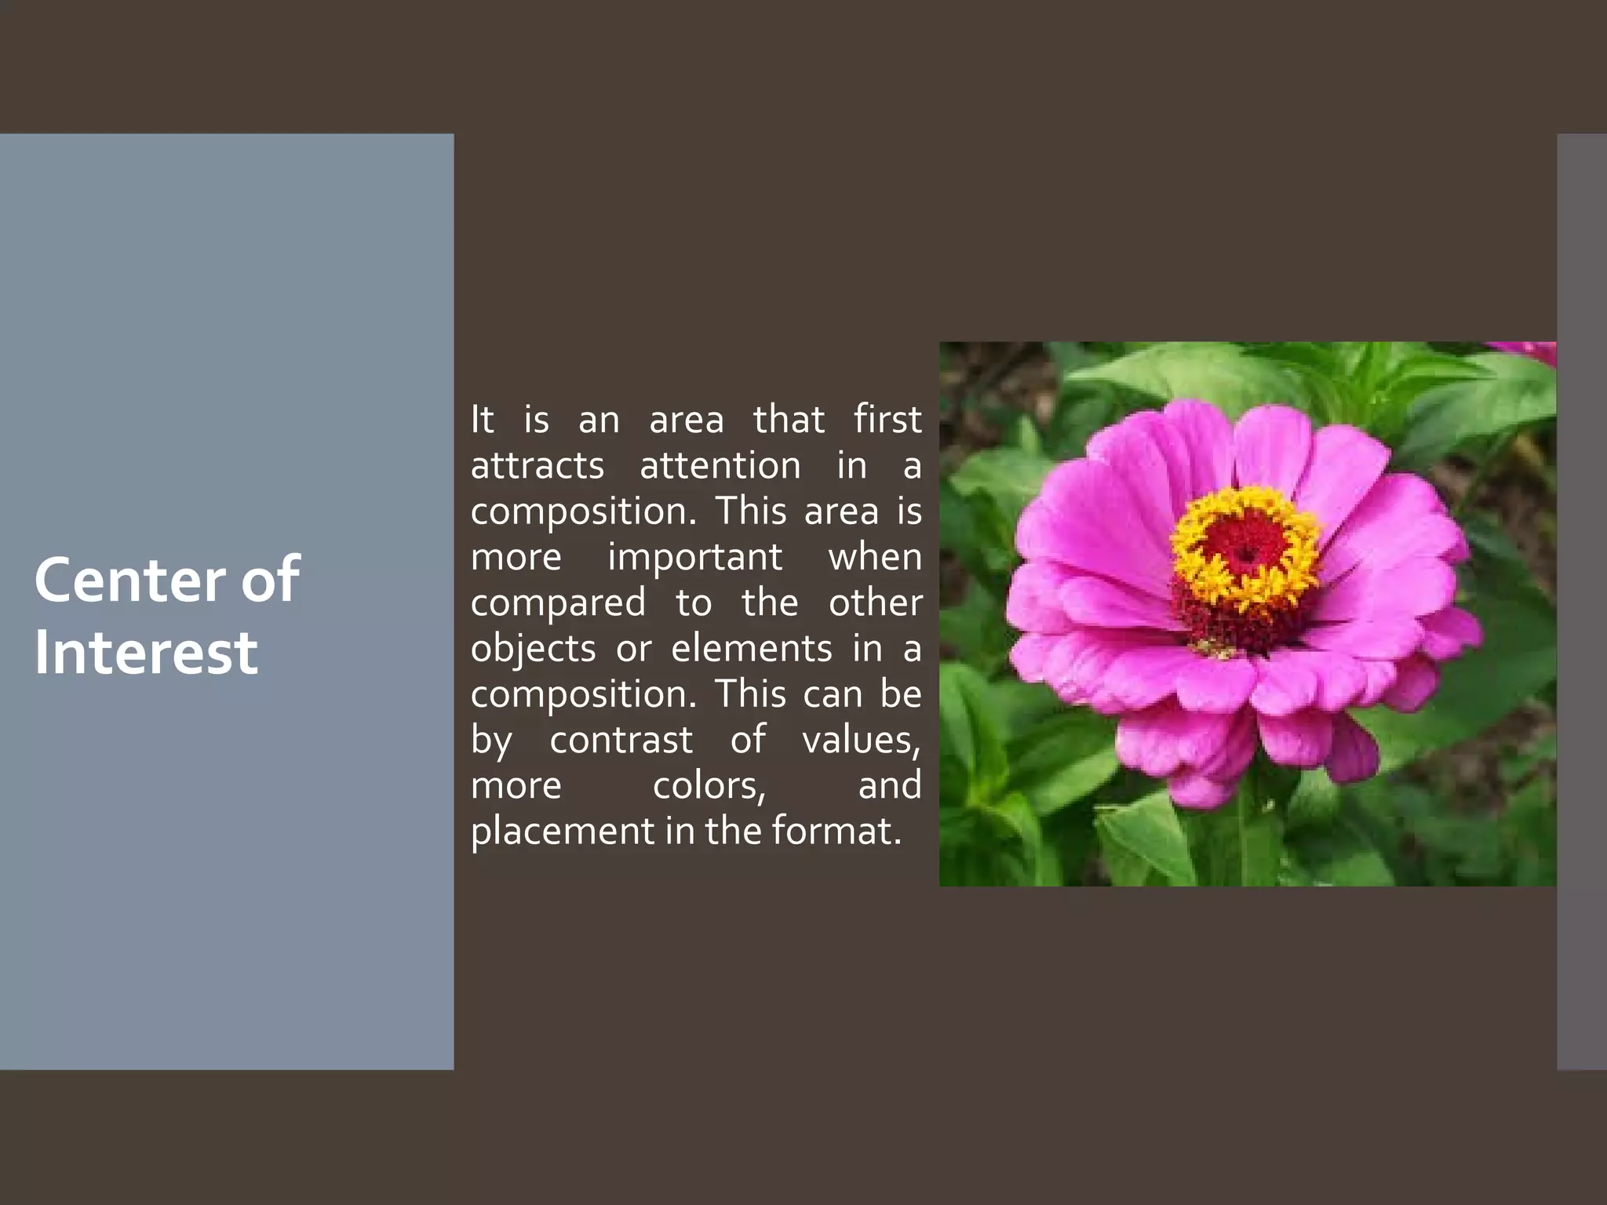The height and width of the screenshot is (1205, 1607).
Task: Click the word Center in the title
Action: point(130,580)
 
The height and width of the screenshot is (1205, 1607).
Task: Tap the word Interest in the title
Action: point(146,653)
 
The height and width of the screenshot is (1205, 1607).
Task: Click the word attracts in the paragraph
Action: point(537,466)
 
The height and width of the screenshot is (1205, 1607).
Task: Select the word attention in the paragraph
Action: point(720,466)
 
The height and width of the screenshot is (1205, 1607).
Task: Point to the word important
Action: point(695,558)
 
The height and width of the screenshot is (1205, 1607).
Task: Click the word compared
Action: point(558,603)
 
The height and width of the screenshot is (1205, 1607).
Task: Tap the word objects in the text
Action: point(534,650)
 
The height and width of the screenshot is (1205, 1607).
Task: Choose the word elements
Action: point(752,649)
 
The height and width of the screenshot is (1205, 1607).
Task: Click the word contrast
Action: point(621,740)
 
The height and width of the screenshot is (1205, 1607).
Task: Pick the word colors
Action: point(709,786)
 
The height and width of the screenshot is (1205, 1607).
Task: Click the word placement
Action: point(562,832)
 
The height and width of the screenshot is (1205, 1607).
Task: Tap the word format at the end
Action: point(836,832)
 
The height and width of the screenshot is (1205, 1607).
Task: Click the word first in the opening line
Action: point(887,420)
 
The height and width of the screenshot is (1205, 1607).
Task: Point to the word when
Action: point(875,558)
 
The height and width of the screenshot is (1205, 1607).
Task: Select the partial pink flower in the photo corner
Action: point(1530,351)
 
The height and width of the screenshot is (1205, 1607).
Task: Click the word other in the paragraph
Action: point(875,603)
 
